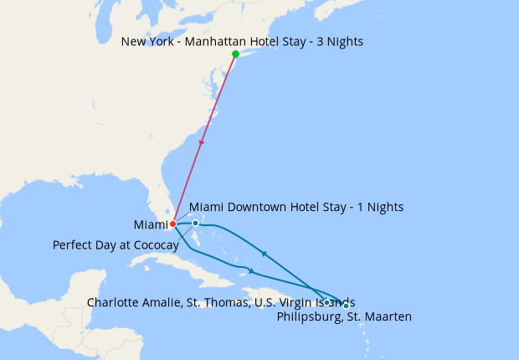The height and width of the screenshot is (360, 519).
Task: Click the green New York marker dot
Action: point(235,54)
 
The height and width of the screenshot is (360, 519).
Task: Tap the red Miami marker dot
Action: point(172,224)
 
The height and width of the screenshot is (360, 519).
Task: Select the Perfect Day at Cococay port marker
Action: point(195,224)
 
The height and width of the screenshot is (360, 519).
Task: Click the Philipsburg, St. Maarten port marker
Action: point(346,305)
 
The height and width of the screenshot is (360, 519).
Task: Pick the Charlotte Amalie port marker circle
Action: point(326,301)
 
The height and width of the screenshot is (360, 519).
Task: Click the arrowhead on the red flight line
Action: point(201,143)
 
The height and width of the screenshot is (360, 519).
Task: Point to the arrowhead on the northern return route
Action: point(265,253)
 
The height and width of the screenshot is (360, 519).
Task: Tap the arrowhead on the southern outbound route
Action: point(250,270)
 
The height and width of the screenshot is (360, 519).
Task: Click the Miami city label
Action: point(150,225)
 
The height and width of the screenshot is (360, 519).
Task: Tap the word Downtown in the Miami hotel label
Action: point(254,207)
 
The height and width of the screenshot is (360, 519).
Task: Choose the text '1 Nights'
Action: point(380,207)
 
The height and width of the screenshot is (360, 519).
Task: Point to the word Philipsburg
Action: point(307,316)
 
